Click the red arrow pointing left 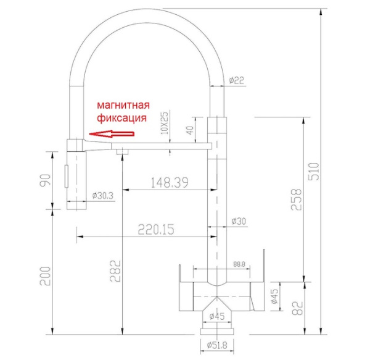click(x=111, y=132)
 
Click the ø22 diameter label click(x=236, y=80)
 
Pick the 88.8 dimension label click(x=239, y=264)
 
